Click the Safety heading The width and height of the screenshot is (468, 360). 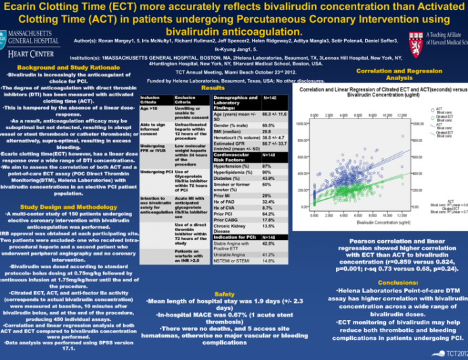(x=225, y=294)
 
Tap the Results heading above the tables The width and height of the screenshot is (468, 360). (x=213, y=89)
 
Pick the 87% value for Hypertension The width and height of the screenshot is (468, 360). (x=267, y=166)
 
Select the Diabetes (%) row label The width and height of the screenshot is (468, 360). (x=228, y=178)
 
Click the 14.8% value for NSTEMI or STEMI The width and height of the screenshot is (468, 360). (x=268, y=260)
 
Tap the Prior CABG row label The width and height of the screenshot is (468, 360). (x=226, y=219)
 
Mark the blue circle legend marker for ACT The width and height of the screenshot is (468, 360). (x=431, y=108)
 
